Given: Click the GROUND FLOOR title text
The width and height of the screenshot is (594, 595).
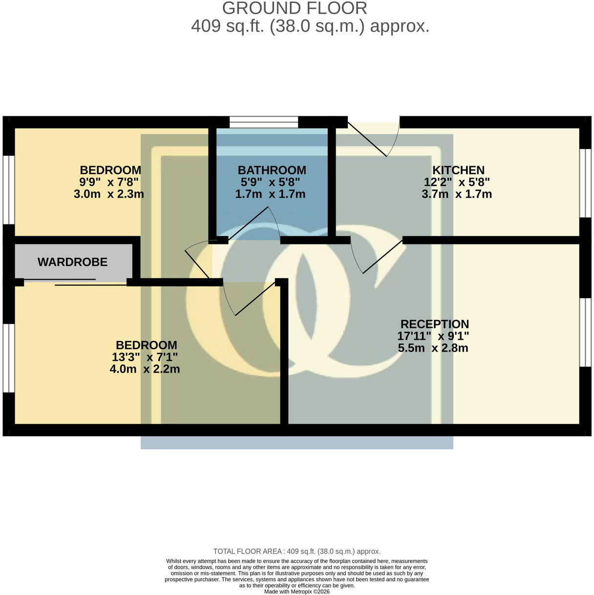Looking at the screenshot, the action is pos(295,8).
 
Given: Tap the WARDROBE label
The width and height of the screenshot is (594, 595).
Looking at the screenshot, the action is pos(72,262).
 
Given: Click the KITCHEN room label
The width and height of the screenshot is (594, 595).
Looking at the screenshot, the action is pos(458,170).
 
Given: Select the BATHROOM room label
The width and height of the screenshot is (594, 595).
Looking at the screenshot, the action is pos(272,170).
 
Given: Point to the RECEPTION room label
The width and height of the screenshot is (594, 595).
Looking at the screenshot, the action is pos(434,324).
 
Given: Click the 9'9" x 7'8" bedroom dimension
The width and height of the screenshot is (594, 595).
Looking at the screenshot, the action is pos(109,182).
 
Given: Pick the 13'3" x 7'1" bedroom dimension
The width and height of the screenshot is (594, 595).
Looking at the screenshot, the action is pos(145,357).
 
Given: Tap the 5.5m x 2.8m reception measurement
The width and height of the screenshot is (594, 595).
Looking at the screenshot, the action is pos(433,348).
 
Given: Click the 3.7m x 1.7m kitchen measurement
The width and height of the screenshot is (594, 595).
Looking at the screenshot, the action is pos(457,194).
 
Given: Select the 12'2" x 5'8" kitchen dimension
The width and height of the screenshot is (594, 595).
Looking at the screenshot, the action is pos(457,182).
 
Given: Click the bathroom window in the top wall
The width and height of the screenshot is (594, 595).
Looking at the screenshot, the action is pos(264,122).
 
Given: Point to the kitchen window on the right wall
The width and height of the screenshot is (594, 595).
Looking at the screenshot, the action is pos(585,184).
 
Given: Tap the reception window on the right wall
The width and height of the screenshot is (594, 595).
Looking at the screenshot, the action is pos(585,332).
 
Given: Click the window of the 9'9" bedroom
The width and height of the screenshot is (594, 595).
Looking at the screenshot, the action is pos(9,190).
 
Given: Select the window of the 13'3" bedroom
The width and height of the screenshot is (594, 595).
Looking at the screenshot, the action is pos(9,358).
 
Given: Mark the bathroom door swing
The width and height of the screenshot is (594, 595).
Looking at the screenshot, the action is pos(254,223).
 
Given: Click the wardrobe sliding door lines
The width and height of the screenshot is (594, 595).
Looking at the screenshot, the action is pos(75,282).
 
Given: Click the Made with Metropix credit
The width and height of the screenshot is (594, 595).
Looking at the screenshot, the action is pos(297,592).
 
